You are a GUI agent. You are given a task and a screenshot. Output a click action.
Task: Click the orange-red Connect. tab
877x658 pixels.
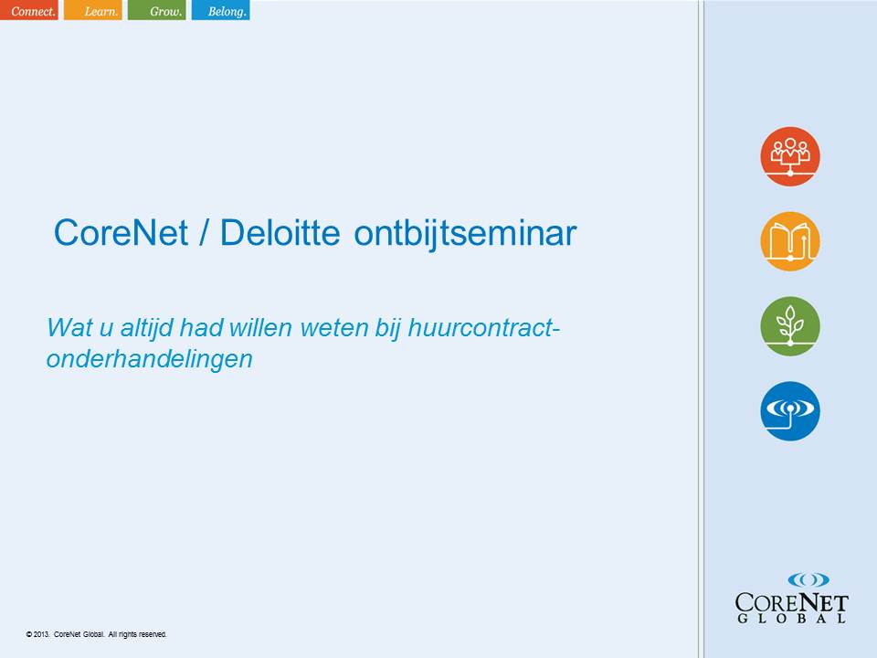coord(29,10)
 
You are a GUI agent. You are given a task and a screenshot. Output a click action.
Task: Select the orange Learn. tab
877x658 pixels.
coord(93,10)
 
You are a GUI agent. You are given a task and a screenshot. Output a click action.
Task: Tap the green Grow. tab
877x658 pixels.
coord(156,10)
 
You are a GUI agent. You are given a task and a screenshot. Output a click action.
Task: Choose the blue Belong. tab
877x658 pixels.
coord(220,10)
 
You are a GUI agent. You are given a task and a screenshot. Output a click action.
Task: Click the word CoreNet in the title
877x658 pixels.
coord(121,232)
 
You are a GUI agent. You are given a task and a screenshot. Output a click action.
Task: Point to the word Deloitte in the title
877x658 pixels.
coord(280,232)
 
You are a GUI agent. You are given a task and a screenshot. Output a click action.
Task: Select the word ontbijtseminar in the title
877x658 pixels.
coord(465,233)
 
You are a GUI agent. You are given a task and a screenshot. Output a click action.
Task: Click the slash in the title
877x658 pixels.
coord(204,232)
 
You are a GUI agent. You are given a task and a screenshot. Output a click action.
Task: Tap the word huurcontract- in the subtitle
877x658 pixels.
coord(484,327)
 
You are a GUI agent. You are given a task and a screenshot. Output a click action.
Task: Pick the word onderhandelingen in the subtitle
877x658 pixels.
coord(149,359)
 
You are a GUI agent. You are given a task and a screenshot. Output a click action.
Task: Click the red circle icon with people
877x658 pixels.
coord(789,156)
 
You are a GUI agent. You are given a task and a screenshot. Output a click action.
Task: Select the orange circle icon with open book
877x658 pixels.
coord(789,241)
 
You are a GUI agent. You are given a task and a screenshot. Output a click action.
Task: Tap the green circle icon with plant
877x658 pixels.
coord(789,326)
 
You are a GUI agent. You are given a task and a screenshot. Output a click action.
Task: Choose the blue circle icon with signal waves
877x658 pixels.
coord(789,411)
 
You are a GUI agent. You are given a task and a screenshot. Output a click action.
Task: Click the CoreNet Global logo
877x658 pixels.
coord(791,598)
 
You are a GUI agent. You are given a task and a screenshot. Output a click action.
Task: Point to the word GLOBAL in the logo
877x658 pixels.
coord(791,619)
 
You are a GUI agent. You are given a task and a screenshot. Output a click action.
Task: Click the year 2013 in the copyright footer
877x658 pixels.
coord(41,634)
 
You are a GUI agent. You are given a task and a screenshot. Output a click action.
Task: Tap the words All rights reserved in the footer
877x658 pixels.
coord(137,634)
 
